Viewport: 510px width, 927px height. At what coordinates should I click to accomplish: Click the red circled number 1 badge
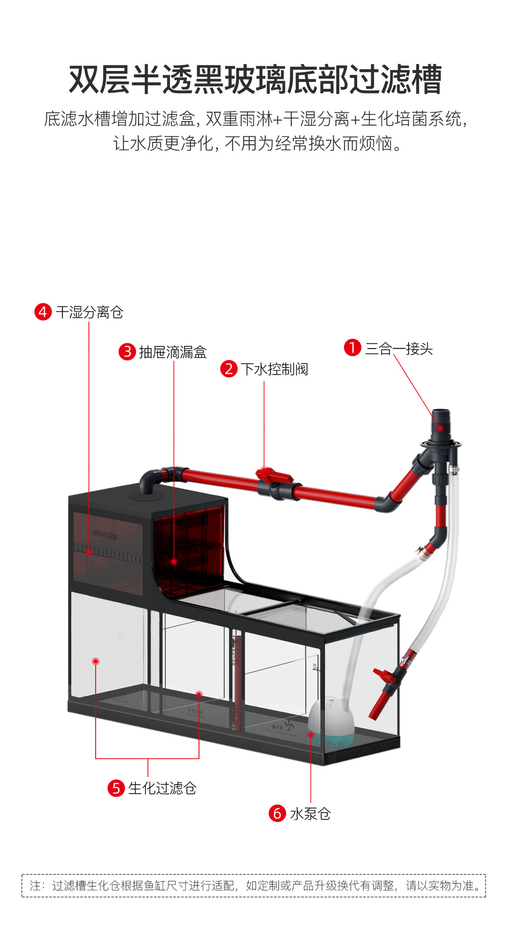click(x=353, y=348)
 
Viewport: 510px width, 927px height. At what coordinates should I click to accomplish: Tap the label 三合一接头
click(x=399, y=349)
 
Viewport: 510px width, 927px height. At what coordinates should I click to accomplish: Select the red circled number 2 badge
click(x=229, y=369)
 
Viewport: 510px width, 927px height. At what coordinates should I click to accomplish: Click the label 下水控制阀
click(x=275, y=369)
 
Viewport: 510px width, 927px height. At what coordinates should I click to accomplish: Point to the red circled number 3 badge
click(x=127, y=351)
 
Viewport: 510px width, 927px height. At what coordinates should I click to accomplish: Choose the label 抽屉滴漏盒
click(x=173, y=352)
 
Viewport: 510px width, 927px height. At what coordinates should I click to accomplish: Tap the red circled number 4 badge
click(x=43, y=312)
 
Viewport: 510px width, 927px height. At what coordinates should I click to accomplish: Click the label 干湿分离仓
click(x=89, y=312)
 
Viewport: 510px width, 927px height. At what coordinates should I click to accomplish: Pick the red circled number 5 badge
click(x=116, y=788)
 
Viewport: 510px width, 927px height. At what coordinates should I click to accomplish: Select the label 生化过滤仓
click(x=162, y=788)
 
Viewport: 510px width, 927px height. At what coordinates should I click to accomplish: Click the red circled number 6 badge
click(x=277, y=813)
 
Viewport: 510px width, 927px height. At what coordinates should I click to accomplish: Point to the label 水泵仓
click(x=311, y=814)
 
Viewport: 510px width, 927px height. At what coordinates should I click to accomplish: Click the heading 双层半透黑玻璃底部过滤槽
click(x=255, y=80)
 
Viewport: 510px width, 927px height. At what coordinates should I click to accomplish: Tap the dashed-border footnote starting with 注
click(x=254, y=886)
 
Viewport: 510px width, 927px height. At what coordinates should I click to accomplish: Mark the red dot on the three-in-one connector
click(x=440, y=428)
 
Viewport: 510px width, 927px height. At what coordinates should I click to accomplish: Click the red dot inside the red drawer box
click(x=174, y=562)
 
